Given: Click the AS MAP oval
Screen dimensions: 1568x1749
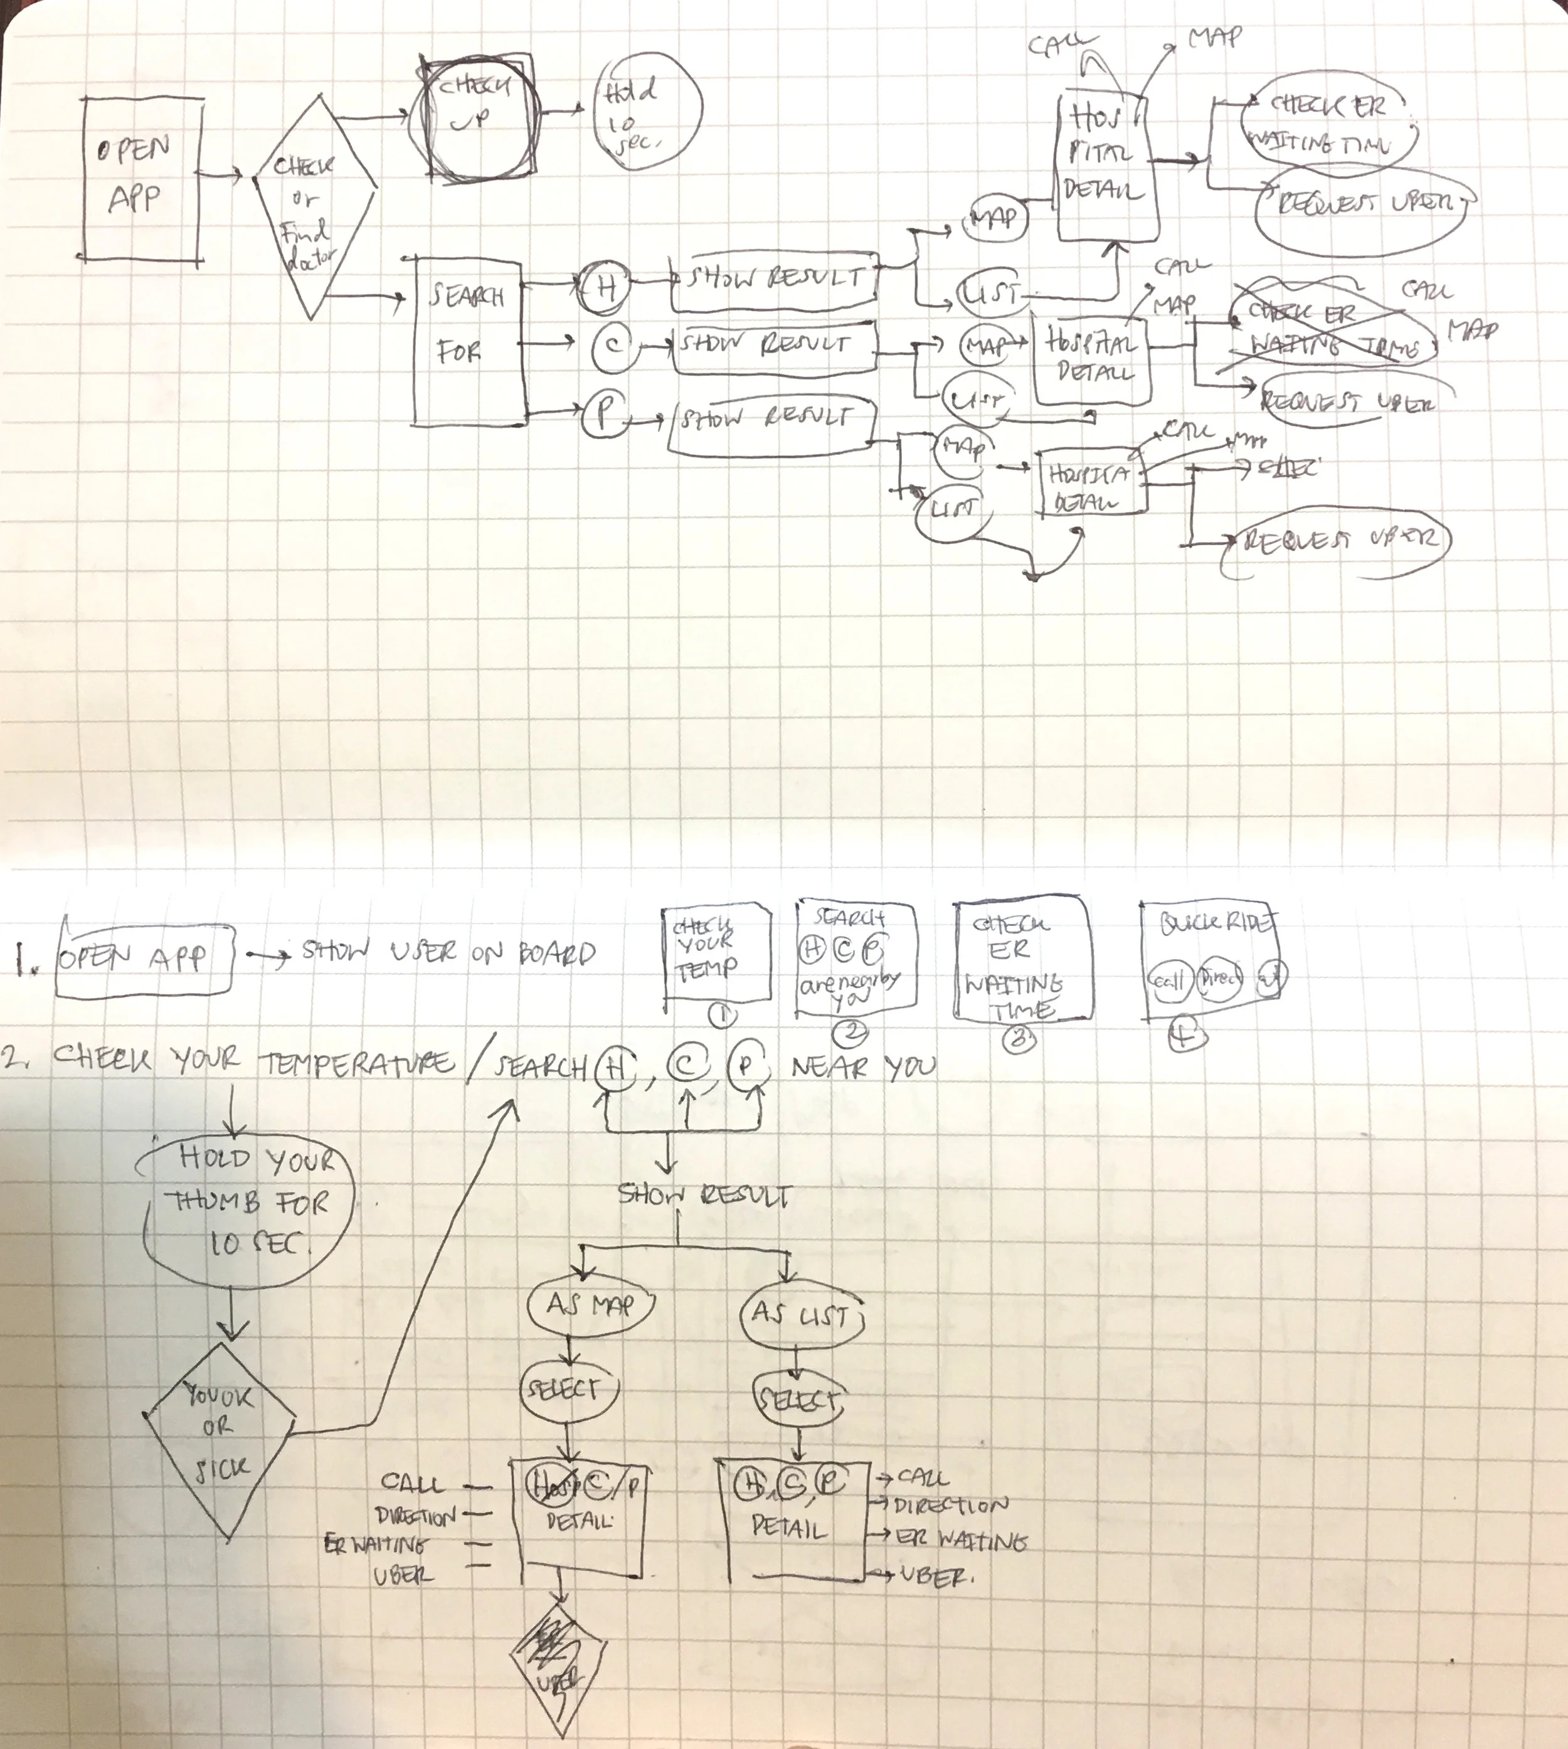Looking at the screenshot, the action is tap(590, 1305).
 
